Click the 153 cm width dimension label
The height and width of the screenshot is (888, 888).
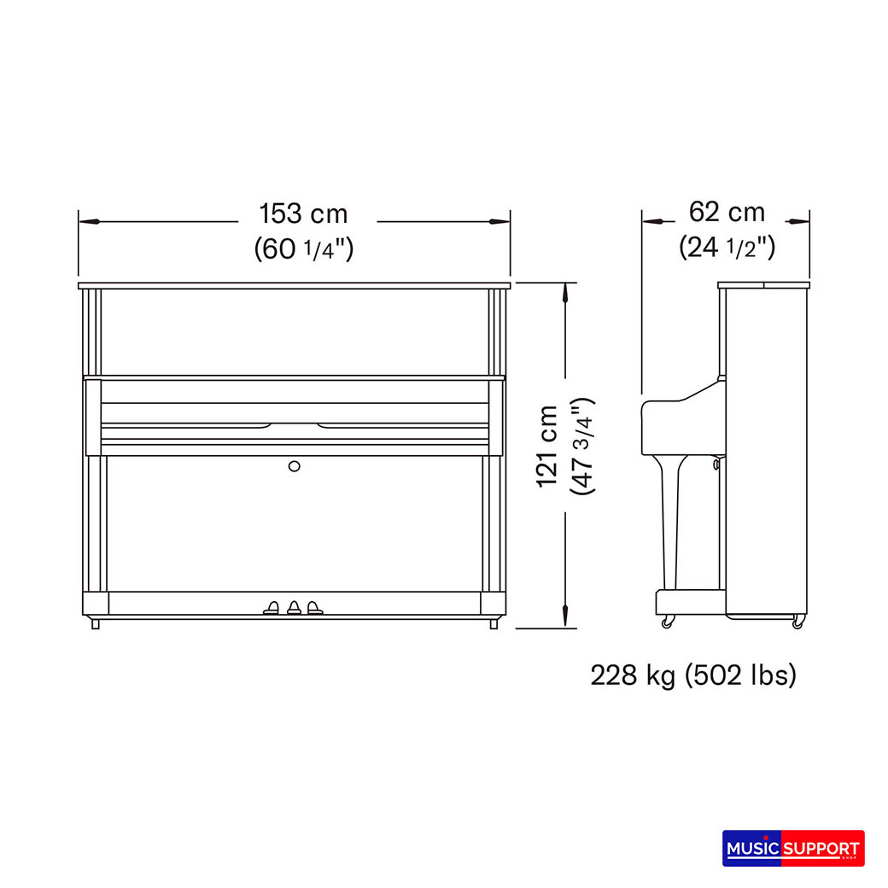click(303, 214)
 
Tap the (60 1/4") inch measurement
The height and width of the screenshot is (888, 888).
click(304, 248)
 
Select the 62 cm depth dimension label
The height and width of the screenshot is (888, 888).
click(727, 213)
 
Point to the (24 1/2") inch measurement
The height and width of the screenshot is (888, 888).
click(727, 247)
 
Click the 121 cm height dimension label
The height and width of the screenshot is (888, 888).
click(547, 447)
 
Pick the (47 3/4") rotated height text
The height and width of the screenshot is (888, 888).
click(582, 447)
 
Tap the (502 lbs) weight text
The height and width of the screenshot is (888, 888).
click(741, 675)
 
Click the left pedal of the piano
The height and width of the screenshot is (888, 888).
click(272, 608)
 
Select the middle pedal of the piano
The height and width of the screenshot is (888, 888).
click(294, 608)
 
